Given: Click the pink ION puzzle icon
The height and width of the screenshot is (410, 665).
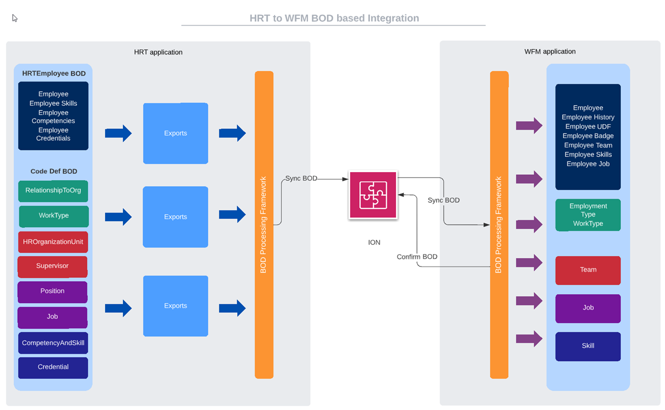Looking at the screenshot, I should point(373,195).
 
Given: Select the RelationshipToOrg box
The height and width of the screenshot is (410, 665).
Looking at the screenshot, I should point(53,191).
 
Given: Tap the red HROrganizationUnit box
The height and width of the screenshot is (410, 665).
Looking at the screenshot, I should point(53,242).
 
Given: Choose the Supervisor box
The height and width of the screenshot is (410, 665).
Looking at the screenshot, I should point(52,266).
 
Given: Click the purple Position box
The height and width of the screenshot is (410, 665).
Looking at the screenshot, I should point(52,291).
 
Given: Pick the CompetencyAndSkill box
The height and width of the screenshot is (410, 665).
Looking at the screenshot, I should point(53,343).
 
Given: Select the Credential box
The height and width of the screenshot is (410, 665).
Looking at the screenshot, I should point(53,367).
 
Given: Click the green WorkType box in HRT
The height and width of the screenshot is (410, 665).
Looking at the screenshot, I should point(53,216).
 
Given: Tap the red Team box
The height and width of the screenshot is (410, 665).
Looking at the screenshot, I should point(588,270).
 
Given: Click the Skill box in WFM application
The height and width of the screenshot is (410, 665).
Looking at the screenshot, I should point(588,346).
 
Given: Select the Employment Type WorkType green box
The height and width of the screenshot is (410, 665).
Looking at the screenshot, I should point(588,215).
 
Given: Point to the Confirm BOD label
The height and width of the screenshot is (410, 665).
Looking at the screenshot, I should point(417,257).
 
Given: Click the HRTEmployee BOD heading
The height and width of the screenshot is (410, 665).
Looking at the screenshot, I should point(54,73).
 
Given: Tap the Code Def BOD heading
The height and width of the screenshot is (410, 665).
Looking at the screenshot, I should point(54,171).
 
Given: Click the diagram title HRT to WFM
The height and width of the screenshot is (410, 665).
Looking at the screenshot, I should point(334,18).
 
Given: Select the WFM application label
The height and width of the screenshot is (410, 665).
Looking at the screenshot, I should point(550,52).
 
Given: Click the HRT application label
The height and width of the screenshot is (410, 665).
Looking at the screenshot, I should point(158,52).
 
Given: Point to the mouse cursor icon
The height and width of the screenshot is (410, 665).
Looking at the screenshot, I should point(15,18).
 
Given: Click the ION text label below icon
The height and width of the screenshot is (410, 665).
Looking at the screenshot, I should point(374,243).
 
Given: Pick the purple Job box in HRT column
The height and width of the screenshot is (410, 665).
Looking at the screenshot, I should point(52,317).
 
